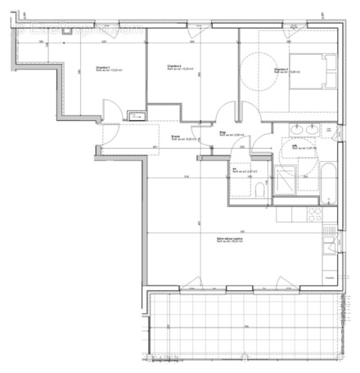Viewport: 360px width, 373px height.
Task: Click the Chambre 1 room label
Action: [x=102, y=70]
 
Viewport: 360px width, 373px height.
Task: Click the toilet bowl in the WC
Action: [x=259, y=191]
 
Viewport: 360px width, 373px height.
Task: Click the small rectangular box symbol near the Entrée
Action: [x=137, y=117]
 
